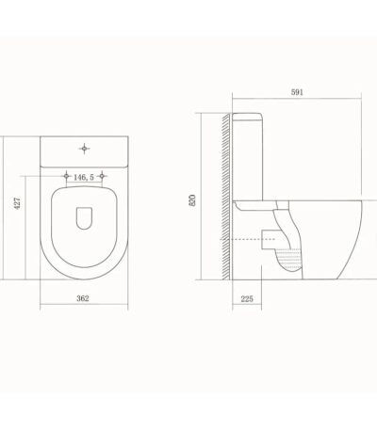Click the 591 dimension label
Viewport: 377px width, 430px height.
coord(297,92)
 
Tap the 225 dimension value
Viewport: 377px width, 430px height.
coord(247,299)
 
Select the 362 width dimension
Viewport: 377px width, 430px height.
coord(83,298)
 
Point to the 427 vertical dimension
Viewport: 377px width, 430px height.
coord(18,203)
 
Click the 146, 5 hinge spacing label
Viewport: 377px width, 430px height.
coord(84,177)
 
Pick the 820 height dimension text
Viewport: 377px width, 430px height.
coord(192,200)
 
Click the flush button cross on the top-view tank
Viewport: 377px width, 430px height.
coord(84,149)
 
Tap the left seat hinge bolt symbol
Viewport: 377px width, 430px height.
coord(66,176)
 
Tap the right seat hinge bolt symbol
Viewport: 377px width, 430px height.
coord(102,176)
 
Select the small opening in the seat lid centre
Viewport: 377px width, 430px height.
coord(84,218)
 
